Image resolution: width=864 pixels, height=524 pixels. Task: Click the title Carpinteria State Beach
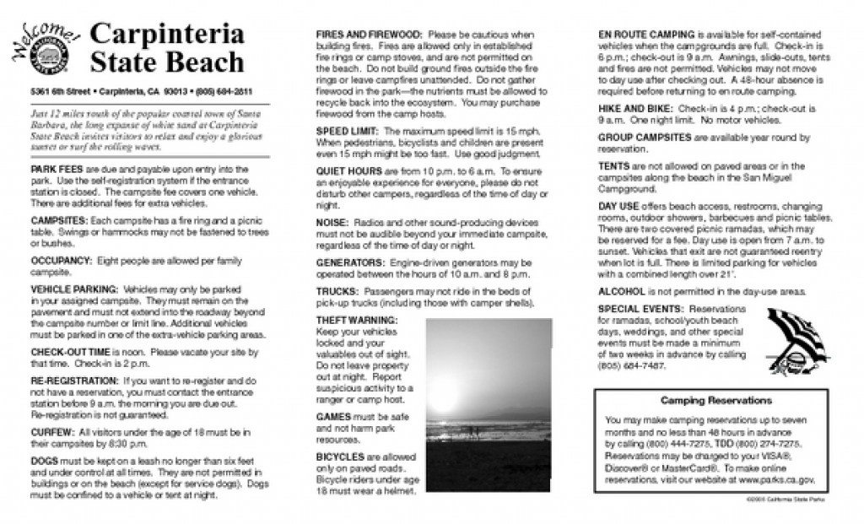[166, 48]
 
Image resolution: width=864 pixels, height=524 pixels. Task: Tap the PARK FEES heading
[56, 170]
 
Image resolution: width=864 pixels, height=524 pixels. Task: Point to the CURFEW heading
[52, 433]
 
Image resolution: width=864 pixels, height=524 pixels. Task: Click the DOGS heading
[44, 462]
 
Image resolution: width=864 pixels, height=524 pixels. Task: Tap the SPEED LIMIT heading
[348, 132]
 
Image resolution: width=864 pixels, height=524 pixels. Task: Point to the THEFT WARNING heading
[355, 320]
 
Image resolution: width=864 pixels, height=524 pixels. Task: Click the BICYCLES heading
[340, 456]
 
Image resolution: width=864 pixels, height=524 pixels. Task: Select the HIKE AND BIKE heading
[635, 109]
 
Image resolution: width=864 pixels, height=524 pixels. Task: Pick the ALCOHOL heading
[622, 292]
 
